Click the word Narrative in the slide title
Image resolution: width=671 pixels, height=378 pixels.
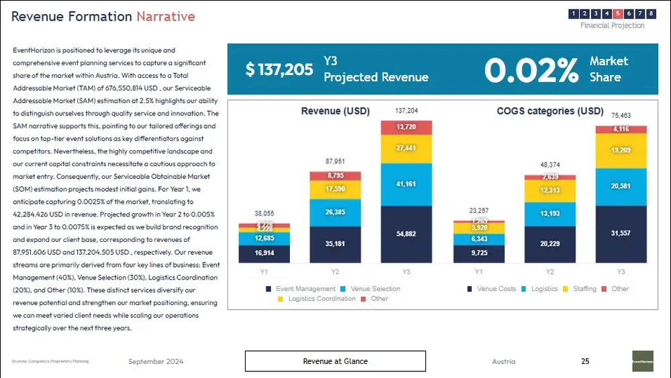pos(166,17)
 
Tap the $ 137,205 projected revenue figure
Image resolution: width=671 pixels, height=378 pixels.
pos(279,69)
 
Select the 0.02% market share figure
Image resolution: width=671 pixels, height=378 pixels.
pos(531,70)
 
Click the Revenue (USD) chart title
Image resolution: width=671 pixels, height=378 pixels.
pos(335,111)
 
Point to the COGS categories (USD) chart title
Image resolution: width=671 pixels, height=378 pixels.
pos(550,111)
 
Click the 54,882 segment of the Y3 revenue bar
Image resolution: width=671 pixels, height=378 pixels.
pos(406,233)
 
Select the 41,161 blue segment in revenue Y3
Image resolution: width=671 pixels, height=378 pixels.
pos(406,184)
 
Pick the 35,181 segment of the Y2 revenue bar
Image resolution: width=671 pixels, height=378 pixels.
pos(335,244)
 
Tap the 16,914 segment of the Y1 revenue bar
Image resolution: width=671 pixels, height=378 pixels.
pos(264,253)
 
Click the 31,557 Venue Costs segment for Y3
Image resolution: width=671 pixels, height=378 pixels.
pos(621,233)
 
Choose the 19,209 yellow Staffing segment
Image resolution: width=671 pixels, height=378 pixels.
pos(621,151)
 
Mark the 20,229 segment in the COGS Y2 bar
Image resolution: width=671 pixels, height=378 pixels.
pos(550,244)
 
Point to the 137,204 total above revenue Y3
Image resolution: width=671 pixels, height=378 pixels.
pos(406,111)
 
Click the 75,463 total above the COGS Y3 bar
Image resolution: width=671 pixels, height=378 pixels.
pos(621,115)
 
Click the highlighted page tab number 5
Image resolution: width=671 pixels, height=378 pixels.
pos(617,13)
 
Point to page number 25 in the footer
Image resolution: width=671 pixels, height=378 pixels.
pos(585,361)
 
